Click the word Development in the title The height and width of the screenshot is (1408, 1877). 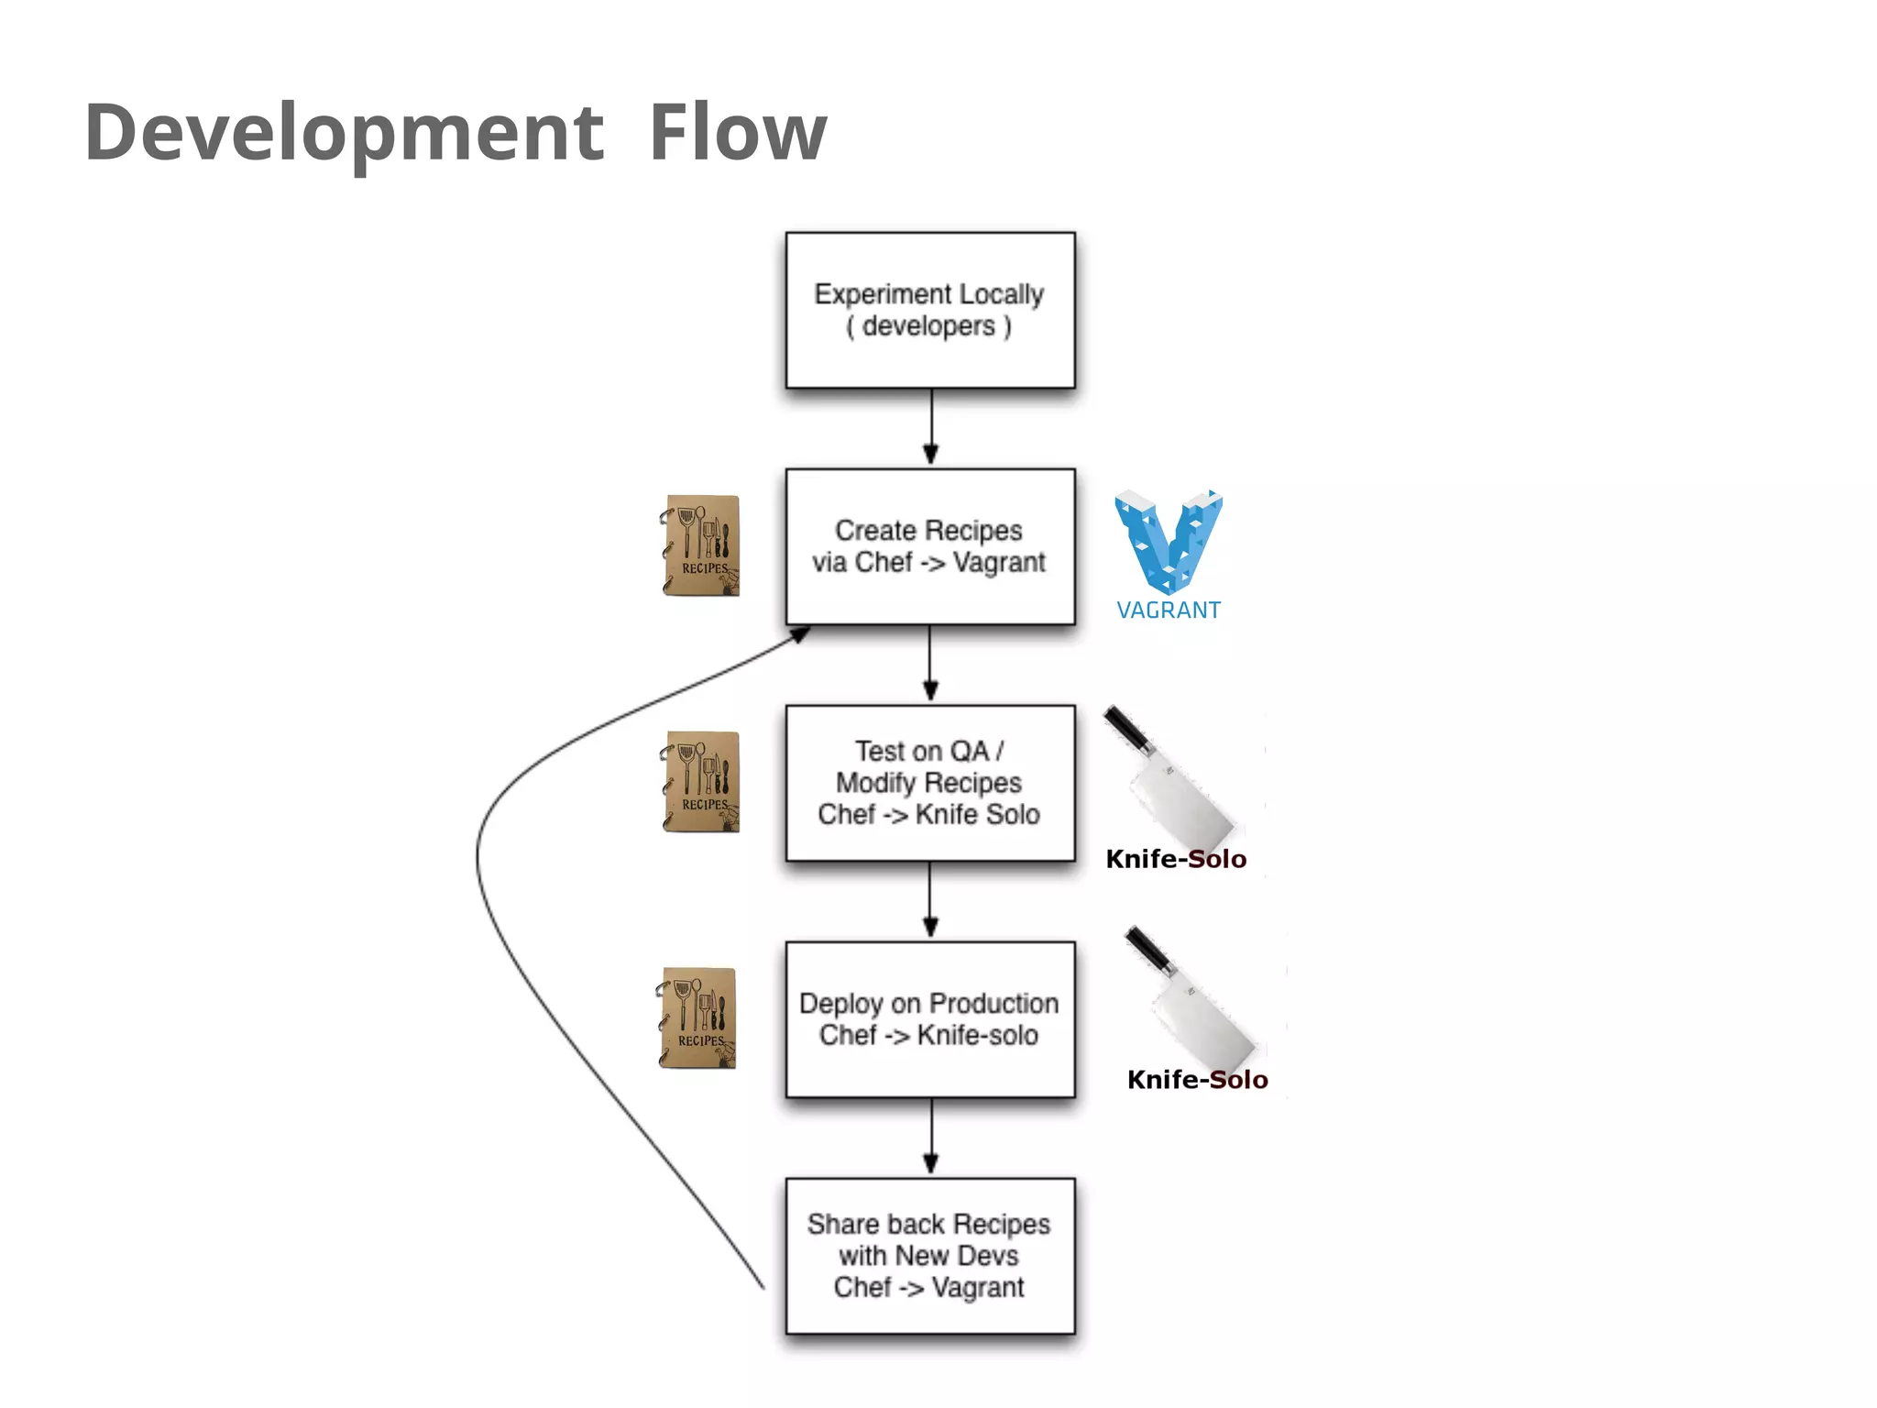point(344,133)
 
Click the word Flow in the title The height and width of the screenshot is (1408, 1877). point(738,133)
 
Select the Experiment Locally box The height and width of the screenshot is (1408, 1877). point(929,310)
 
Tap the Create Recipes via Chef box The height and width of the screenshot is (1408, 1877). point(929,546)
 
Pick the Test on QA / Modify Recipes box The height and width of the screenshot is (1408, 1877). point(929,783)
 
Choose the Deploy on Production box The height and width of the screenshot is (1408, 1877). point(929,1019)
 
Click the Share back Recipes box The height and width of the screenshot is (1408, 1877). point(929,1256)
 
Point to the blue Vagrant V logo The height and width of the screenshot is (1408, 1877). point(1168,541)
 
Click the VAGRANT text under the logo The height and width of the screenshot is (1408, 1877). point(1169,610)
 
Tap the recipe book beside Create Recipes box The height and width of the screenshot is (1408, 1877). point(701,546)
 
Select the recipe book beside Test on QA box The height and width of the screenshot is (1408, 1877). point(701,782)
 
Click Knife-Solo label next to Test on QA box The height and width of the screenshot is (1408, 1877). point(1176,859)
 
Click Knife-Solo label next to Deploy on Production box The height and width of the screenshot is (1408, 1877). point(1197,1080)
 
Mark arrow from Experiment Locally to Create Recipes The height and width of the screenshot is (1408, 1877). point(931,427)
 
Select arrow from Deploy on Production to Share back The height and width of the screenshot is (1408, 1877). point(931,1137)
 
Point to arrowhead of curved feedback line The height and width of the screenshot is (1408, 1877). point(800,633)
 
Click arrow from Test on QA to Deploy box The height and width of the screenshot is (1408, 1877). point(930,900)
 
